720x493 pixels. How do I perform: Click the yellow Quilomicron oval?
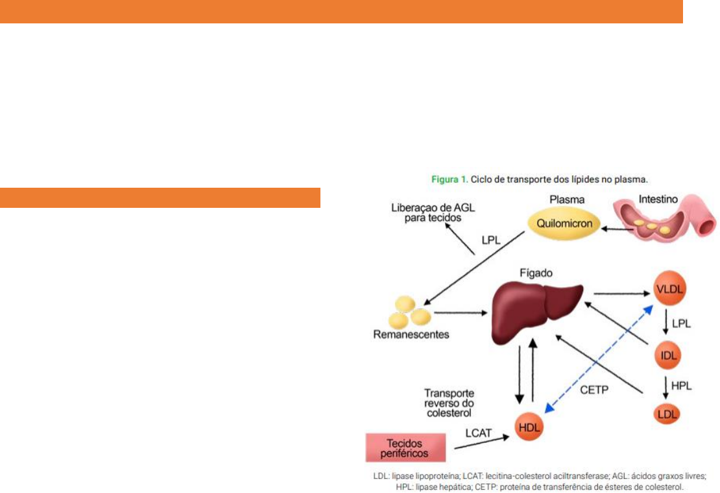point(560,224)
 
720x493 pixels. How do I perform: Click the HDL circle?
point(529,427)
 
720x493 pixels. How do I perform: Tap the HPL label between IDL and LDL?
point(681,386)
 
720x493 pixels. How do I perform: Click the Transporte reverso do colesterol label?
point(449,402)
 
